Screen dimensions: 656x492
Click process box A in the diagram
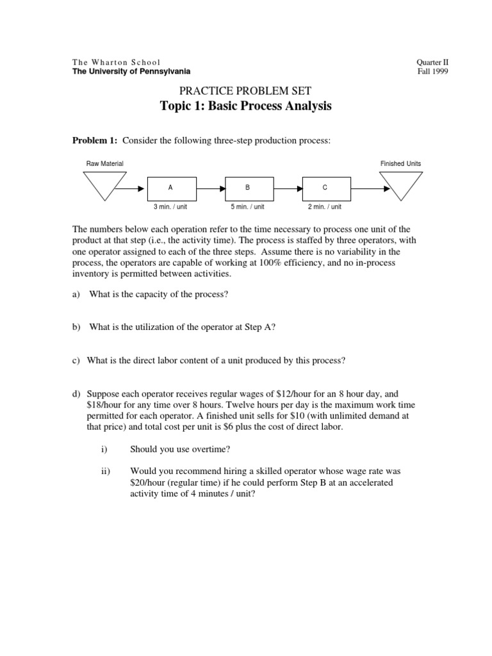click(170, 188)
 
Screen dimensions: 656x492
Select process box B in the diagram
click(247, 188)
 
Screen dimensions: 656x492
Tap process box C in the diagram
click(325, 188)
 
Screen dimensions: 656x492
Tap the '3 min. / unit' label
click(170, 207)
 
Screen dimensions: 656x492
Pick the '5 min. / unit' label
click(247, 207)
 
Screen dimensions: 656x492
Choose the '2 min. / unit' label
click(325, 207)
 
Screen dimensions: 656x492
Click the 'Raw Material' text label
click(105, 164)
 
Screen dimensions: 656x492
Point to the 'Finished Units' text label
click(401, 164)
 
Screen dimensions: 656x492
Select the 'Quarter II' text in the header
click(432, 62)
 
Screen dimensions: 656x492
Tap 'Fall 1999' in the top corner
click(432, 72)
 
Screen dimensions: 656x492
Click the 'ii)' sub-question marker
click(106, 471)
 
